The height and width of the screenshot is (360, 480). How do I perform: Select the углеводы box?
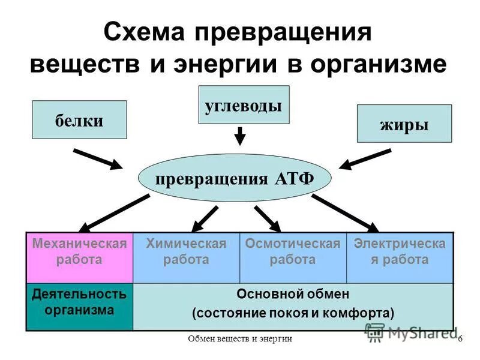pos(244,105)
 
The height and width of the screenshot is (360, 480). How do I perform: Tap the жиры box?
pos(404,124)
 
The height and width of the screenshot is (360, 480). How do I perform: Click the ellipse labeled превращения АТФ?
pos(235,178)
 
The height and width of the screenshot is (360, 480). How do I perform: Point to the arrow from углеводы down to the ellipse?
pos(240,136)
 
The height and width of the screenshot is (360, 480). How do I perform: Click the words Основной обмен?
pos(293,294)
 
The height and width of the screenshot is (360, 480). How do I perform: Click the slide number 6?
pos(460,339)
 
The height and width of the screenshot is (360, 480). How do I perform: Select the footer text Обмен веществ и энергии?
pos(240,339)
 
